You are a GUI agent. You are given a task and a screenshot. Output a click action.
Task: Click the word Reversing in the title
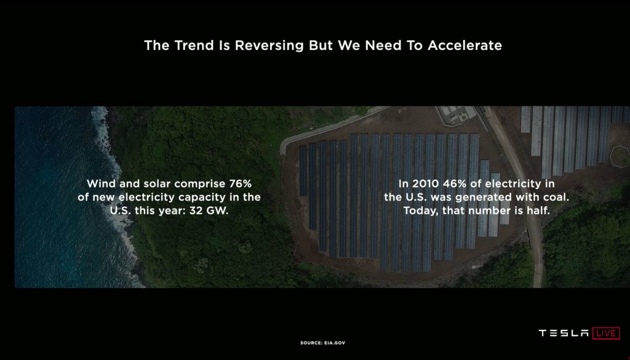269,46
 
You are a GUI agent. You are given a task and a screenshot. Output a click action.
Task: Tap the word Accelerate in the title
465,46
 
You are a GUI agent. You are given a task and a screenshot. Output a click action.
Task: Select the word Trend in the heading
194,46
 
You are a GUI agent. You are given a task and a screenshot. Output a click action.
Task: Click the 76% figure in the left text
241,183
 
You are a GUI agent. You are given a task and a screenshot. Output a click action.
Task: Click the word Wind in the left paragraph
102,183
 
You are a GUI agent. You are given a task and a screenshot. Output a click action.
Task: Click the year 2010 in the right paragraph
426,183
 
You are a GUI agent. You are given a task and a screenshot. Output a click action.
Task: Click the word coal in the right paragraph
557,198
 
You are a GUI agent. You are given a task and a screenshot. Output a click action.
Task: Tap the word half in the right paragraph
538,210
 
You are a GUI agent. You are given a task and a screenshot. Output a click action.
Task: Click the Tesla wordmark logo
564,333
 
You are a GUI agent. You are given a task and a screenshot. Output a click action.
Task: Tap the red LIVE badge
606,333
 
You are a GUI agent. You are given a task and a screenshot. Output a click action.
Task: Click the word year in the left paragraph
170,210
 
